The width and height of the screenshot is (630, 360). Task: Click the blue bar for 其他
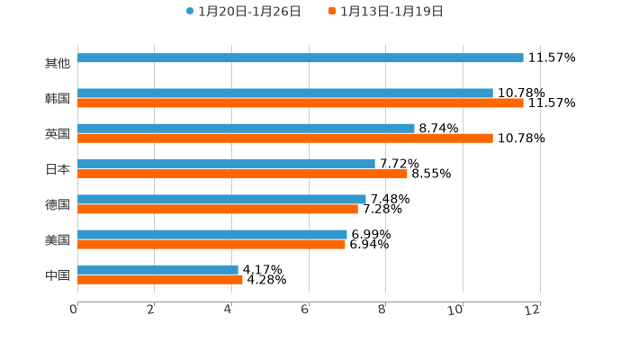[x=301, y=58]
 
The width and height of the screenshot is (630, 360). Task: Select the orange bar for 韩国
[x=301, y=103]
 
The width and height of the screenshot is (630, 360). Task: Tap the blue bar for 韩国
[x=285, y=94]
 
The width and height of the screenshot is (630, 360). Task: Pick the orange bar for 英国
[x=285, y=139]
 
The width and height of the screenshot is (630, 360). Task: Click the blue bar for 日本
[x=226, y=165]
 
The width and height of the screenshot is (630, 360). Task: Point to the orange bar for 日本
[x=242, y=175]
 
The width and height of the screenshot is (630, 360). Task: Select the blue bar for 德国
[x=221, y=200]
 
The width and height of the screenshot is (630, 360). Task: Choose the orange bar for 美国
[x=211, y=245]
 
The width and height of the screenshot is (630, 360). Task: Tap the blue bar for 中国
[x=157, y=270]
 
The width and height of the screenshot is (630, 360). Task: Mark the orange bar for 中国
[x=160, y=280]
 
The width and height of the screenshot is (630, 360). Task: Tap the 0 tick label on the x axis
[x=74, y=310]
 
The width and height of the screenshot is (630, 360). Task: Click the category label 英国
[x=58, y=134]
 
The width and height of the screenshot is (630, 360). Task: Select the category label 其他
[x=58, y=64]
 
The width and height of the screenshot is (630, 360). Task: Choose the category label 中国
[x=58, y=275]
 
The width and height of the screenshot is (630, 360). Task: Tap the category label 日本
[x=58, y=169]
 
